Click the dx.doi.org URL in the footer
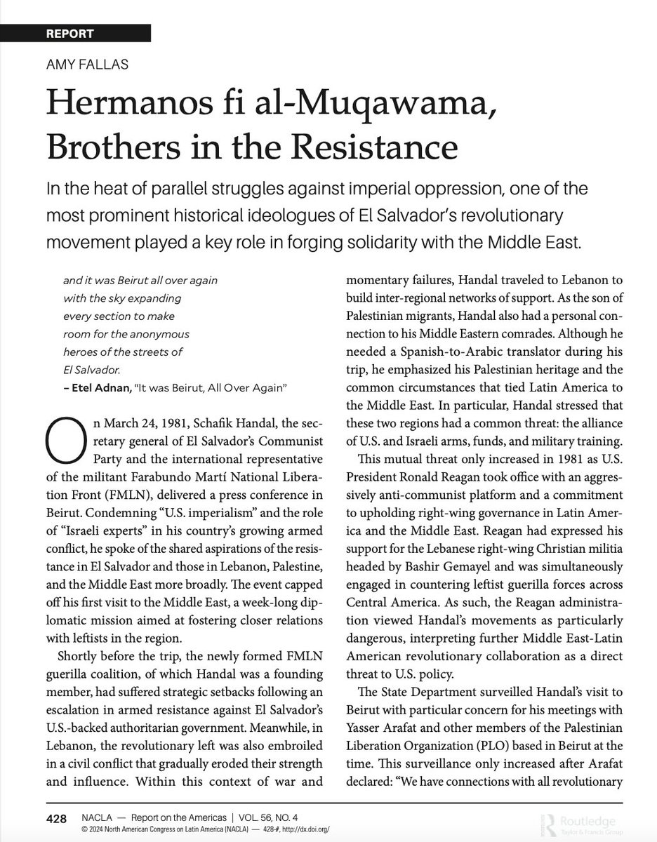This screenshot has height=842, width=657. [301, 829]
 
